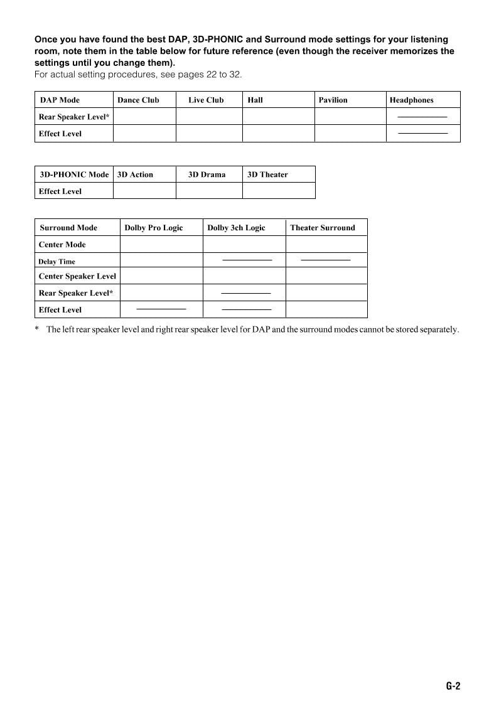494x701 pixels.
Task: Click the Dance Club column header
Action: click(x=138, y=100)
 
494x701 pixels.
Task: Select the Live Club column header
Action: click(x=206, y=100)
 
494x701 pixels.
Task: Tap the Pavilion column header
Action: click(x=333, y=100)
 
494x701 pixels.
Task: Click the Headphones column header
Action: click(x=411, y=100)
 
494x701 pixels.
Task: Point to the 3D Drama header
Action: click(x=207, y=174)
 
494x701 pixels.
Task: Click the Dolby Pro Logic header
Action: click(x=154, y=228)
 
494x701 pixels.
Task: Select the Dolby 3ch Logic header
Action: click(x=236, y=228)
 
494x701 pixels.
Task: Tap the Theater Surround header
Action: click(x=322, y=228)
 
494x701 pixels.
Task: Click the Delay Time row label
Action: click(x=56, y=262)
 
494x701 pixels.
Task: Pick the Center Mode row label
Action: click(x=62, y=245)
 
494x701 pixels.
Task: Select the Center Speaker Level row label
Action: click(x=77, y=276)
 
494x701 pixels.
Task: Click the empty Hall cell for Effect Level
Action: click(x=278, y=134)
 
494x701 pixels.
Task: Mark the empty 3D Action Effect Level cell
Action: click(x=144, y=191)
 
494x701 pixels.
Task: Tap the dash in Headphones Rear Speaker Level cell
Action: click(x=422, y=117)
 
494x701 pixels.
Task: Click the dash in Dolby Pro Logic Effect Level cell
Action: click(x=161, y=309)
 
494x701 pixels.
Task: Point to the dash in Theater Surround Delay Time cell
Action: click(x=325, y=259)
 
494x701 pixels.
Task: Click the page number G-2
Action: click(x=453, y=686)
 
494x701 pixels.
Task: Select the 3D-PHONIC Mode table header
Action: click(x=74, y=174)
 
